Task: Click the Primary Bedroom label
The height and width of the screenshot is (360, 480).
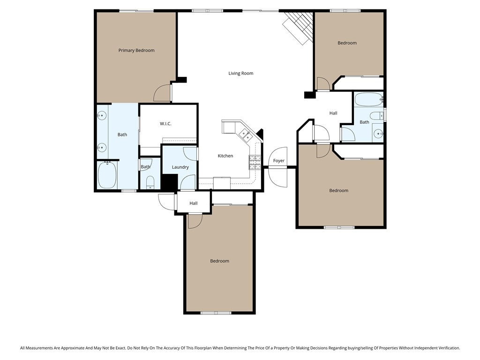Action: point(136,51)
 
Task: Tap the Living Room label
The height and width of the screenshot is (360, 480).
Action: point(240,73)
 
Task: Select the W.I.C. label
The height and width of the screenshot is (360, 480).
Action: point(165,124)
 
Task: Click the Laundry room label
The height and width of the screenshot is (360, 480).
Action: point(180,167)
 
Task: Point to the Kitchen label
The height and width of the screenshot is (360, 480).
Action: point(225,156)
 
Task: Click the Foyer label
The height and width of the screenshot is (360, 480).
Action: point(279,161)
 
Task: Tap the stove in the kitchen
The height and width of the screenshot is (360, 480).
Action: point(254,162)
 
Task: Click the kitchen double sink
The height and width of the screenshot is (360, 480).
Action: point(245,135)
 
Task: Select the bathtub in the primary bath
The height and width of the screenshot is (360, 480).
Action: point(107,175)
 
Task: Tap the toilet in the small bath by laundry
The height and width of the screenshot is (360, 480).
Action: point(150,182)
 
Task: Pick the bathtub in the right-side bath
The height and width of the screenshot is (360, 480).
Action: point(368,99)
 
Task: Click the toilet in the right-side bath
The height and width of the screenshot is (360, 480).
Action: point(376,116)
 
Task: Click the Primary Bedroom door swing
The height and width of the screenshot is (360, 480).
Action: point(163,92)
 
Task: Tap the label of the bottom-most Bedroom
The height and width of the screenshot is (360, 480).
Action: point(219,261)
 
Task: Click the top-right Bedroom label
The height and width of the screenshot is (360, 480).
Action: point(347,43)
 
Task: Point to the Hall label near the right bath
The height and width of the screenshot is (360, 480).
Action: point(333,113)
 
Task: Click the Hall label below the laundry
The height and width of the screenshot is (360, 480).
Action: point(194,203)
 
